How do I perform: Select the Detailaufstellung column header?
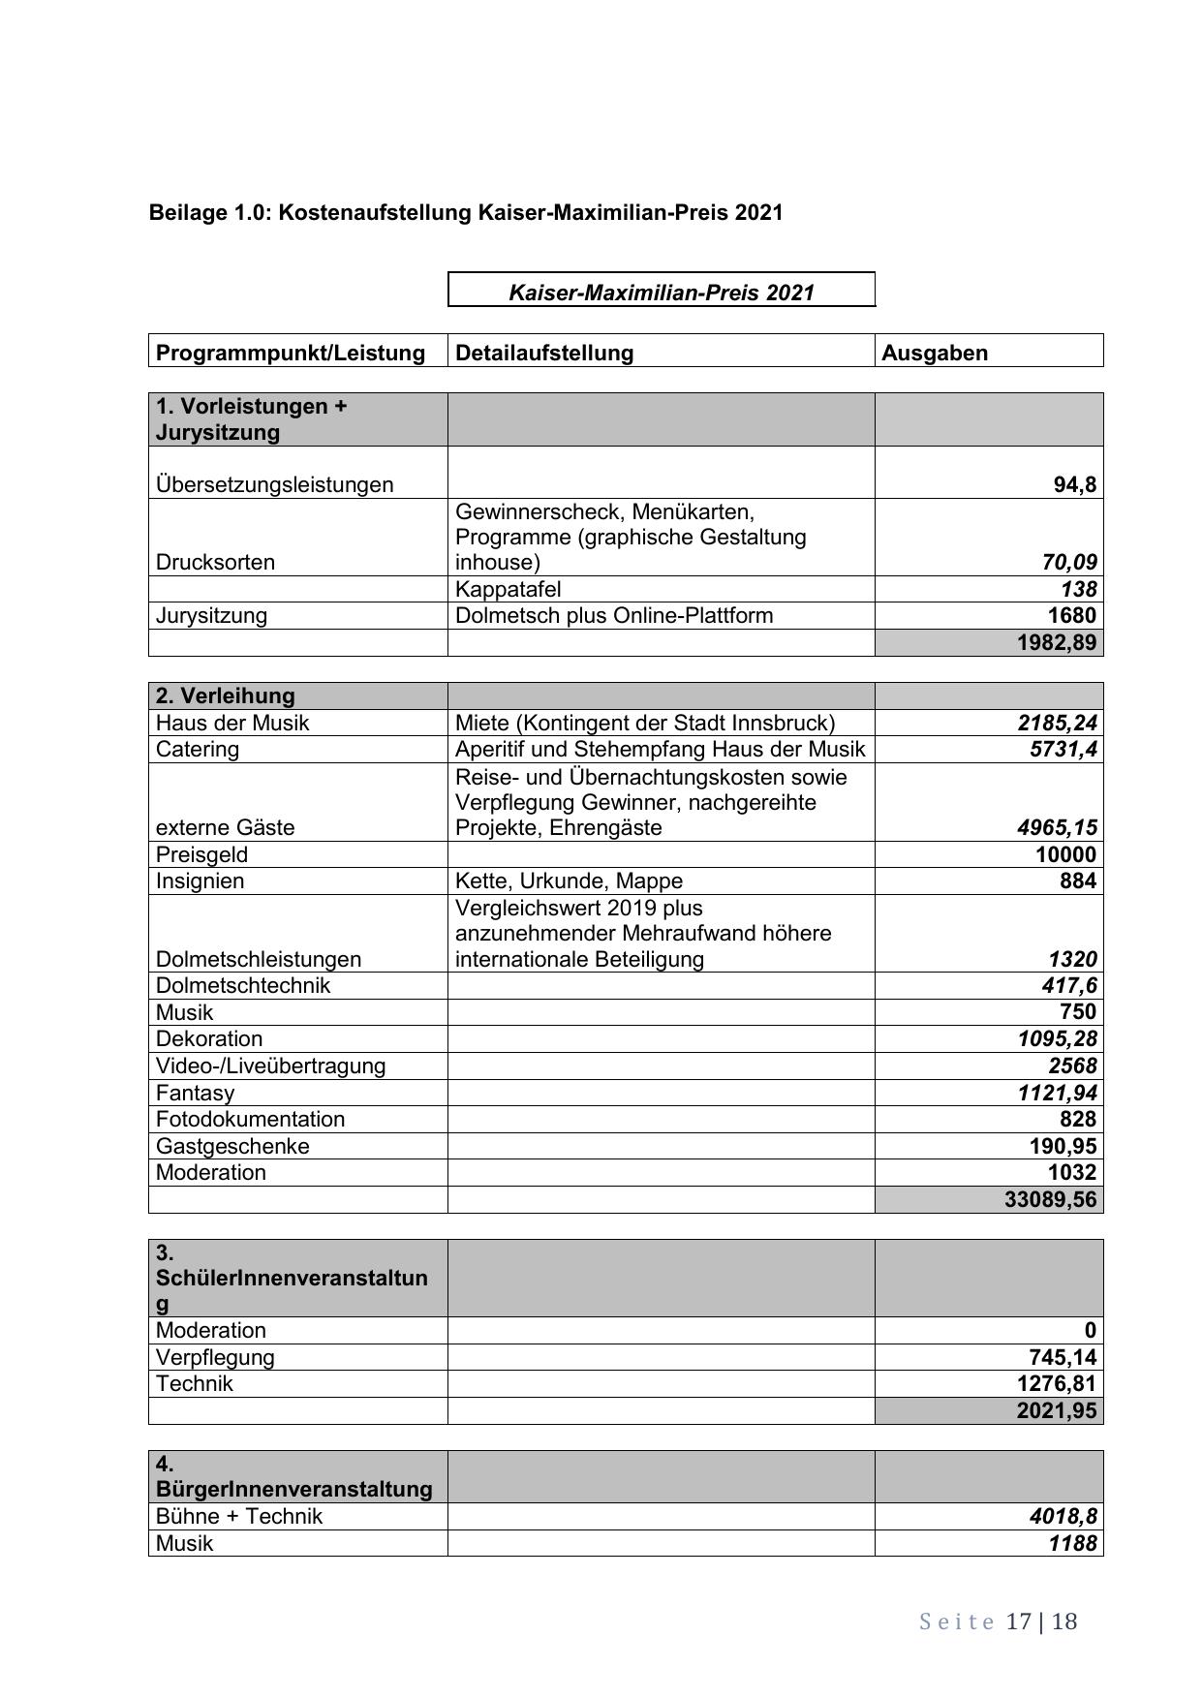(544, 353)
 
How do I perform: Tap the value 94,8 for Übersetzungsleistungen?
(1075, 484)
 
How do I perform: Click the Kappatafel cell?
(508, 589)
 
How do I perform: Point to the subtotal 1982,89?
(1057, 643)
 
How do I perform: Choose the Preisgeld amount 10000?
(1065, 854)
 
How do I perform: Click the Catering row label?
(198, 749)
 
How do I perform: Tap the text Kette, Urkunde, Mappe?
(569, 880)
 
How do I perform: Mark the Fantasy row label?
(195, 1093)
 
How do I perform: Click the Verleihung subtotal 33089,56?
(1051, 1199)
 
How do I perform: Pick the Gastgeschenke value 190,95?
(1063, 1146)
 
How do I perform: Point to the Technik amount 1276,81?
(1057, 1383)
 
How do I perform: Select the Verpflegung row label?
(215, 1357)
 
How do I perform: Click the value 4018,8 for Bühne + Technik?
(1063, 1516)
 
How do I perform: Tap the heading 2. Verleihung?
(225, 695)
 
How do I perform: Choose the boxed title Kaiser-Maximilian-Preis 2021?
(662, 293)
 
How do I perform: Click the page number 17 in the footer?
(1018, 1622)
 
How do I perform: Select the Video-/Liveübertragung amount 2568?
(1072, 1066)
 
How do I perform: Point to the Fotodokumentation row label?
(250, 1119)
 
